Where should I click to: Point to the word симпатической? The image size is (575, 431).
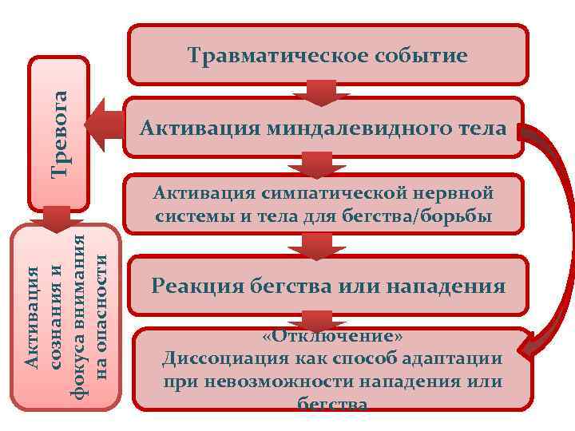(x=319, y=193)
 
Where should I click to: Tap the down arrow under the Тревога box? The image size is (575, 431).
(x=57, y=217)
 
